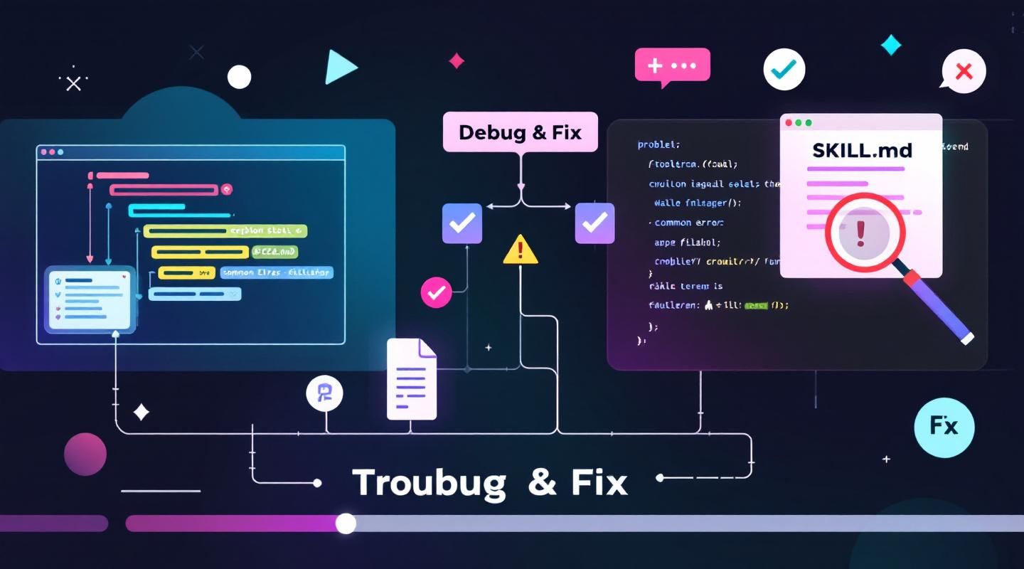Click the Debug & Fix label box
click(x=520, y=132)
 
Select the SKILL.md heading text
click(x=861, y=150)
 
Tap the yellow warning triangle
click(x=521, y=250)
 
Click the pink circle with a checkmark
click(x=436, y=292)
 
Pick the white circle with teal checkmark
click(x=784, y=69)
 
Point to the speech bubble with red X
click(x=964, y=71)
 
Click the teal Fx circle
click(x=944, y=427)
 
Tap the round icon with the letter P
click(x=324, y=393)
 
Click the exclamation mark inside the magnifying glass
click(x=861, y=233)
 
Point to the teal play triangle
click(x=339, y=68)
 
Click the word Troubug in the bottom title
click(x=429, y=483)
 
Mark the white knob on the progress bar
click(x=346, y=523)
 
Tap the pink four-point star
click(x=457, y=61)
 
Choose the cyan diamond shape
click(x=890, y=46)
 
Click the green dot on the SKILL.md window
click(x=808, y=123)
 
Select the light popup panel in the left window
click(x=90, y=299)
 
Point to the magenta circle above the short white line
click(x=85, y=454)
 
